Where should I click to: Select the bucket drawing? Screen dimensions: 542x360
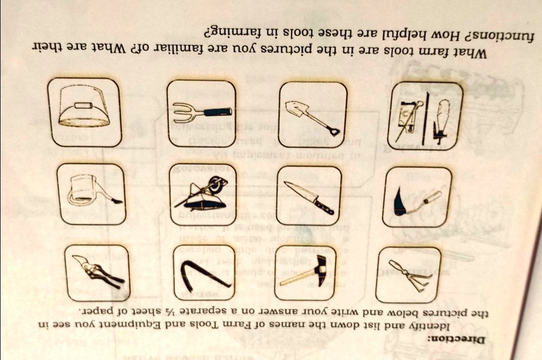click(x=83, y=107)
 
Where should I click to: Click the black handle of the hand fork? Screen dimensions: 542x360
click(x=218, y=112)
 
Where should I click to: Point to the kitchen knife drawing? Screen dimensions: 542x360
click(x=309, y=197)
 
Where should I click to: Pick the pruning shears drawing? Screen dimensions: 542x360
click(x=98, y=271)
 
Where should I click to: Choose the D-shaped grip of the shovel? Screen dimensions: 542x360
click(x=333, y=131)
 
